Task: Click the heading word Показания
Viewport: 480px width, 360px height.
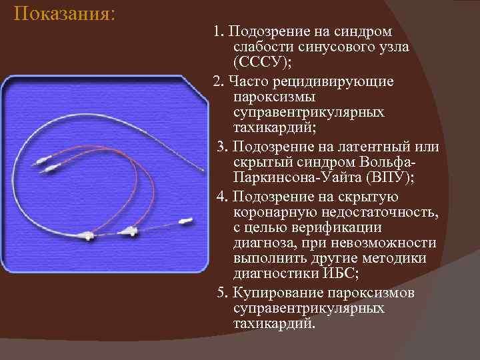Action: pyautogui.click(x=63, y=14)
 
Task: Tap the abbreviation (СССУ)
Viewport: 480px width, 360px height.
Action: pyautogui.click(x=263, y=63)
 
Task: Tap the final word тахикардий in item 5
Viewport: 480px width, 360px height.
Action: pyautogui.click(x=273, y=324)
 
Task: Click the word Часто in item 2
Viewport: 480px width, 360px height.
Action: pyautogui.click(x=246, y=81)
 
